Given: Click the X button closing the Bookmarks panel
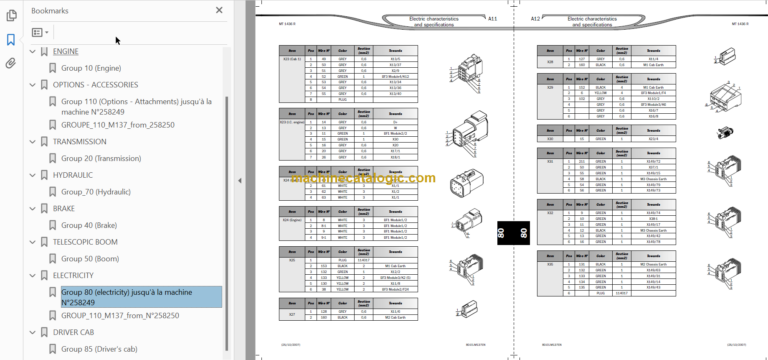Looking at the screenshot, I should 219,10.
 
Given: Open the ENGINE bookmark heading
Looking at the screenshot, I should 66,51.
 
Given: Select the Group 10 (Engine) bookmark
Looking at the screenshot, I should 91,67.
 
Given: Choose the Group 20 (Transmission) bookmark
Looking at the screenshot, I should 107,158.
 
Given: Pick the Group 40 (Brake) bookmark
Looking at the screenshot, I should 90,225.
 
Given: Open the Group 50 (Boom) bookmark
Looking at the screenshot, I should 91,258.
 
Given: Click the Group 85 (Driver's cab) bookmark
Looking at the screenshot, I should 104,348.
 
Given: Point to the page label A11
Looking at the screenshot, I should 492,19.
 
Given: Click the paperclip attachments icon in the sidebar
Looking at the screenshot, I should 11,62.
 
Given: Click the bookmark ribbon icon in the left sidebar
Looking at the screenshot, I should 11,40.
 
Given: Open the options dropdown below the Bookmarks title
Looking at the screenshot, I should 40,32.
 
